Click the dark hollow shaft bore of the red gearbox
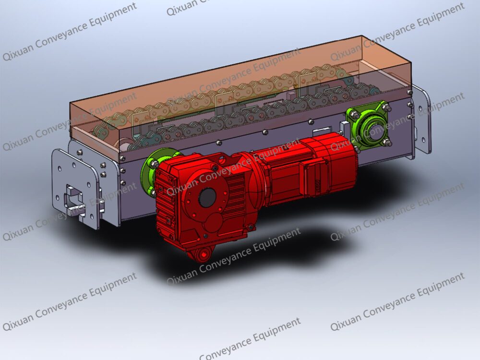[x=207, y=195]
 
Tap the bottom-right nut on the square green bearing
[x=388, y=142]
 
